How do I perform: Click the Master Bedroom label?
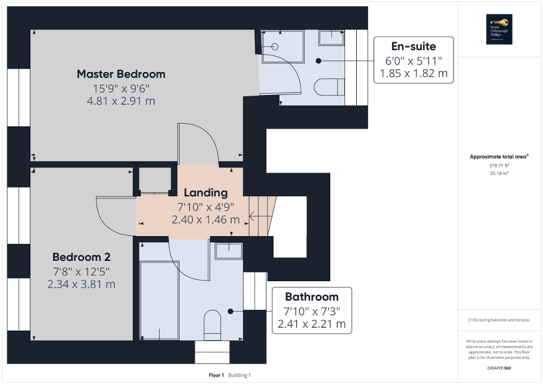121,74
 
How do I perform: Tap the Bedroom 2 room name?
82,257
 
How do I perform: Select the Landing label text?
205,192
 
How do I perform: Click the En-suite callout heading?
414,46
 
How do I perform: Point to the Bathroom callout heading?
312,297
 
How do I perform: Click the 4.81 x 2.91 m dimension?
121,101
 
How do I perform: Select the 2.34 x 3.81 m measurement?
82,284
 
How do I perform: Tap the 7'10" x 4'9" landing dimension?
205,206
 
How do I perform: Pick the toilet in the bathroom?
213,323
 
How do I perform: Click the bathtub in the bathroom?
159,300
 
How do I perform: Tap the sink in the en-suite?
331,38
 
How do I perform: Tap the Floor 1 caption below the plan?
216,375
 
